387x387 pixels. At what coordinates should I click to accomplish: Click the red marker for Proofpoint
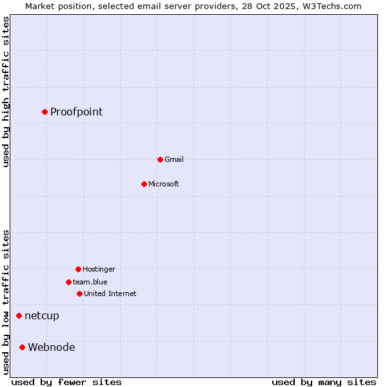click(45, 112)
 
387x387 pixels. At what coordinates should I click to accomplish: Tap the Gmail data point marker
click(160, 159)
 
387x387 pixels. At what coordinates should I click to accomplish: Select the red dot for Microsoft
click(144, 184)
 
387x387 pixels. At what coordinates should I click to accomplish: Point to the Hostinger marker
click(78, 269)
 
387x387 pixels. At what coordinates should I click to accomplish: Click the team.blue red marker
click(68, 282)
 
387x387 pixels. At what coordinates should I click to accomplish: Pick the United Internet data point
click(79, 293)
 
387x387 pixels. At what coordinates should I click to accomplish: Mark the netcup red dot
click(19, 315)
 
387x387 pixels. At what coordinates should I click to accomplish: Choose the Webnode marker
click(22, 347)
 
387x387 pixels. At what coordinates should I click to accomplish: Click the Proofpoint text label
click(76, 112)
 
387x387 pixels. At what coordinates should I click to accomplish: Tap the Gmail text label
click(174, 159)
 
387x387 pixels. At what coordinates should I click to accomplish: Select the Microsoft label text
click(164, 184)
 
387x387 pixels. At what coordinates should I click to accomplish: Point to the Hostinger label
click(99, 269)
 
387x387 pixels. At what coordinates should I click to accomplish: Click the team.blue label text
click(90, 282)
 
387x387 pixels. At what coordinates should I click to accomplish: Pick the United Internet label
click(110, 293)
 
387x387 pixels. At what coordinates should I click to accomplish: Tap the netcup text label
click(42, 315)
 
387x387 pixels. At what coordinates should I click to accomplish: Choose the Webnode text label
click(52, 347)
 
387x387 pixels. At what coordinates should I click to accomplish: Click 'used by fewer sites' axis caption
click(66, 382)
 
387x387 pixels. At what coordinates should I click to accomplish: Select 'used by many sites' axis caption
click(324, 382)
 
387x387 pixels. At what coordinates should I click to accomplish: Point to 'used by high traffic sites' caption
click(6, 92)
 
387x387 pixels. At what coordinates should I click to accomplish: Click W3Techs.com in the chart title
click(330, 6)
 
